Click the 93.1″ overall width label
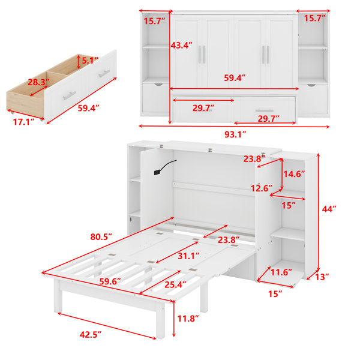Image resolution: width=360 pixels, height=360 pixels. (x=235, y=134)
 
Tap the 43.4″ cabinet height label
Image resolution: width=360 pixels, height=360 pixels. (x=181, y=45)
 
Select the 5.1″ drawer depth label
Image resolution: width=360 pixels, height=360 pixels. (x=90, y=61)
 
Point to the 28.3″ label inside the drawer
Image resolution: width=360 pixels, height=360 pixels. (x=38, y=82)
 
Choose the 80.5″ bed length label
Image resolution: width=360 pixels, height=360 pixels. (x=101, y=237)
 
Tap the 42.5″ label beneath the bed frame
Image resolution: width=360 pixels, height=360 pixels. (x=91, y=335)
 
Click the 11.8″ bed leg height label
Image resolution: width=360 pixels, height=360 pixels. (x=188, y=319)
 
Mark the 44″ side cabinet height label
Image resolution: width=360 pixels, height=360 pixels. (x=329, y=209)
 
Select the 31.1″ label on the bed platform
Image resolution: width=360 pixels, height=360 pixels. (x=188, y=256)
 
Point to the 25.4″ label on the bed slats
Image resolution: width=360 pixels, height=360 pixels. (x=175, y=284)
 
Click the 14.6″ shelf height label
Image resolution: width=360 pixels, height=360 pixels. (x=294, y=174)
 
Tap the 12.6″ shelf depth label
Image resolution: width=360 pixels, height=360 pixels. (x=261, y=188)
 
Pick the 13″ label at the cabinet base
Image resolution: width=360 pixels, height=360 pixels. (x=322, y=277)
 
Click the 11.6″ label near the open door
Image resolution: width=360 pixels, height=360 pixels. (x=281, y=272)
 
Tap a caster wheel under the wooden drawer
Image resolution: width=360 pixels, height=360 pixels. (x=42, y=119)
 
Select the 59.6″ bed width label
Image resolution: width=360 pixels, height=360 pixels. (x=110, y=281)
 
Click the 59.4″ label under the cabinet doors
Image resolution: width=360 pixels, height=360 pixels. (x=235, y=78)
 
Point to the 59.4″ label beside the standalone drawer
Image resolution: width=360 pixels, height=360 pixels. (x=89, y=108)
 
